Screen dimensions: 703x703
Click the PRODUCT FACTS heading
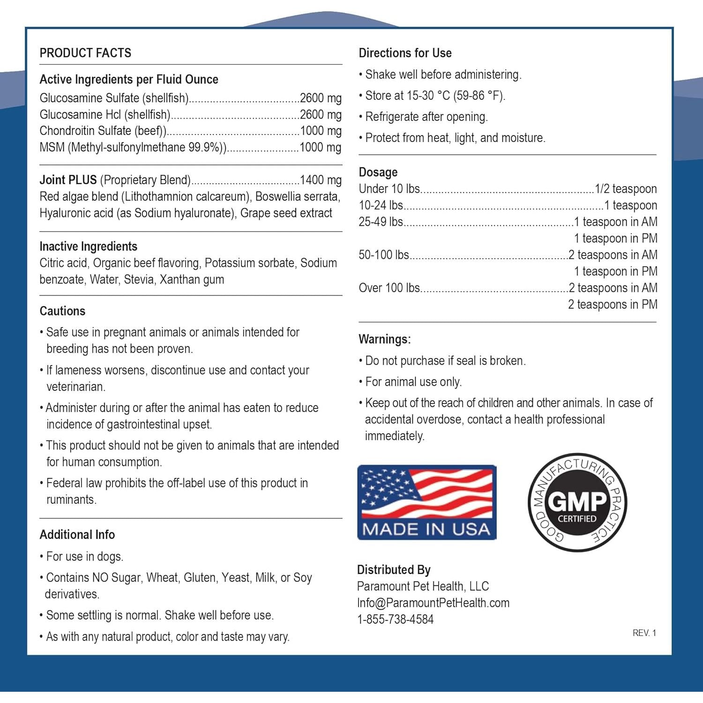(x=85, y=53)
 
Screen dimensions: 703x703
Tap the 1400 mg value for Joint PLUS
(x=321, y=180)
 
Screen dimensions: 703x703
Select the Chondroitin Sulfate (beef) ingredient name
(x=103, y=131)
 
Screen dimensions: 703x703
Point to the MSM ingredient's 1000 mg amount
(x=320, y=147)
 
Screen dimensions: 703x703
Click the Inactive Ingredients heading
(x=88, y=247)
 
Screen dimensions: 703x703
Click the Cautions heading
(x=62, y=311)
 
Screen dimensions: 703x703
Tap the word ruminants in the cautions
(x=71, y=500)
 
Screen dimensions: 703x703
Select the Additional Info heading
(x=77, y=535)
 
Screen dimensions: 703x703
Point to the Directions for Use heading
(x=405, y=53)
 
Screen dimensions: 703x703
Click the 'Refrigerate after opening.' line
(x=426, y=117)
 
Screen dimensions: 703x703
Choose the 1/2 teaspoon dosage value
(x=626, y=189)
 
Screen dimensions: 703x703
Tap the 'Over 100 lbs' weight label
(x=389, y=288)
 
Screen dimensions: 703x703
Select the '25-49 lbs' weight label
(x=381, y=222)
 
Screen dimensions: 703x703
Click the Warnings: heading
(x=384, y=339)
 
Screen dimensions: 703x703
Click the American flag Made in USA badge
(x=426, y=502)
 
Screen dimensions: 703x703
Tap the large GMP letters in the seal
(x=577, y=501)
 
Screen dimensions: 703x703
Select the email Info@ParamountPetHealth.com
(x=433, y=603)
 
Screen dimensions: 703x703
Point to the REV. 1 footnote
(x=644, y=633)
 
